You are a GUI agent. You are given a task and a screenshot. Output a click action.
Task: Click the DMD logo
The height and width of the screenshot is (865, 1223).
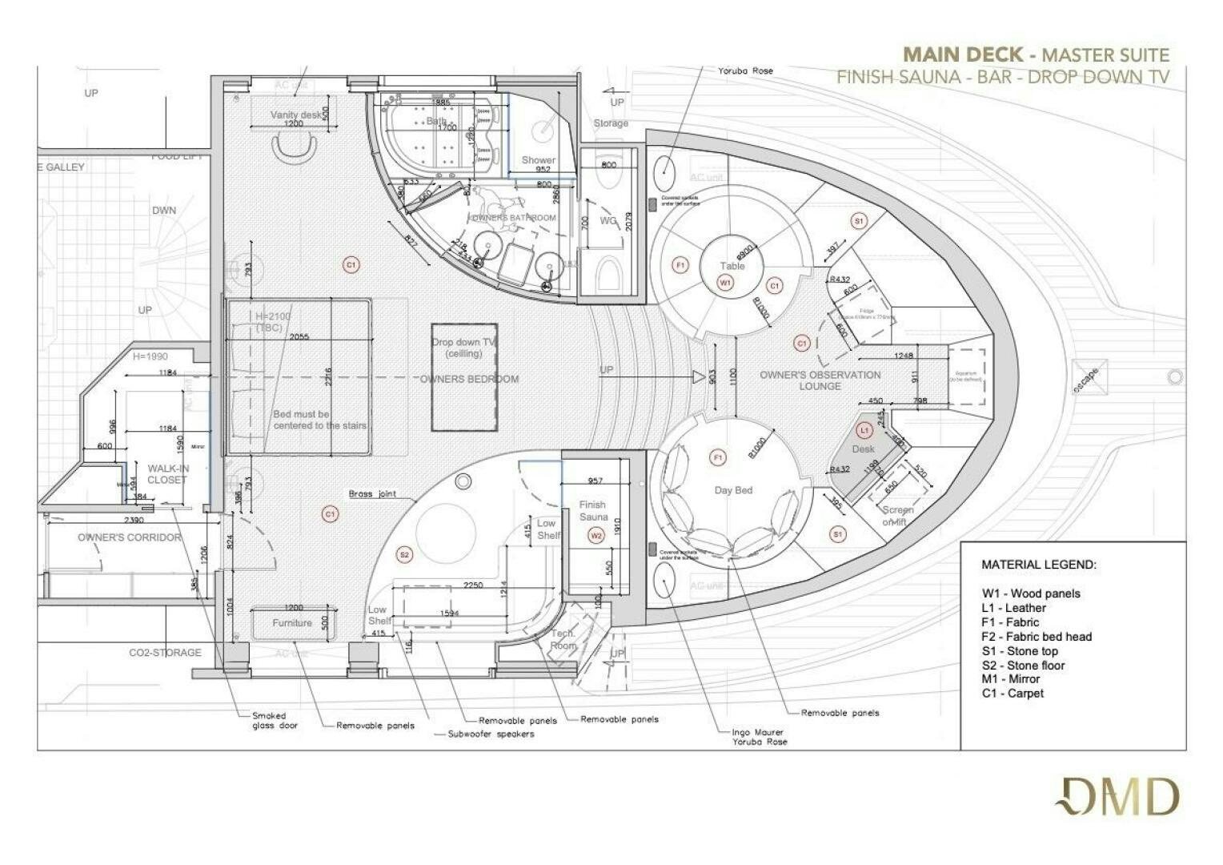pyautogui.click(x=1117, y=798)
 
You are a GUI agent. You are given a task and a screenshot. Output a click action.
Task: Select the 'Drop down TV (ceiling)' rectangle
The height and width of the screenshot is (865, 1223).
pyautogui.click(x=464, y=376)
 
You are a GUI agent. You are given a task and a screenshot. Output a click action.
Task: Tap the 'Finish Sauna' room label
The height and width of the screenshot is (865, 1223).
pyautogui.click(x=593, y=510)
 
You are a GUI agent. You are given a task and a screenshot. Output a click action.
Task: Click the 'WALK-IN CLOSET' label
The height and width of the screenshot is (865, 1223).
pyautogui.click(x=166, y=474)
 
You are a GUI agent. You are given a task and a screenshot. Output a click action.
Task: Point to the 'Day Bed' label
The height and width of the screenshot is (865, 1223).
pyautogui.click(x=733, y=490)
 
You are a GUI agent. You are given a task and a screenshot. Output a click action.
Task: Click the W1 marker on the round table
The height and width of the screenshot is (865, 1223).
pyautogui.click(x=725, y=283)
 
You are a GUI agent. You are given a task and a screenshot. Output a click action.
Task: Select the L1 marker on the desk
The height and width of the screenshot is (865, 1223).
pyautogui.click(x=864, y=430)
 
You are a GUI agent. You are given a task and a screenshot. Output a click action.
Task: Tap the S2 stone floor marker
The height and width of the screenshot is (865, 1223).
pyautogui.click(x=404, y=554)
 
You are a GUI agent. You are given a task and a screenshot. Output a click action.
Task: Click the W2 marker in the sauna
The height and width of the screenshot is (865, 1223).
pyautogui.click(x=595, y=535)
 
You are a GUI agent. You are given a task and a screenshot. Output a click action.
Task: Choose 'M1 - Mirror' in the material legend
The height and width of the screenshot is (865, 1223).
pyautogui.click(x=1011, y=679)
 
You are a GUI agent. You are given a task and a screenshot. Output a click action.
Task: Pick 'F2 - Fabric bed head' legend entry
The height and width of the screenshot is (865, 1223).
pyautogui.click(x=1037, y=637)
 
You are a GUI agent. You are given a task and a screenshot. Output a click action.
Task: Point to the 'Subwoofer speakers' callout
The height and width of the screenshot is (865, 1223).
pyautogui.click(x=491, y=734)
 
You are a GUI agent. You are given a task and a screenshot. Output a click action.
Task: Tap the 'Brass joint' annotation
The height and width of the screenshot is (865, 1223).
pyautogui.click(x=372, y=494)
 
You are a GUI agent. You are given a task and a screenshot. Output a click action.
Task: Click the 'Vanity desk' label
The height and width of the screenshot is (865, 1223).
pyautogui.click(x=296, y=115)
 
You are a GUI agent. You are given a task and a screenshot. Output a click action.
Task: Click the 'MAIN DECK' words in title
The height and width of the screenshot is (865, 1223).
pyautogui.click(x=963, y=54)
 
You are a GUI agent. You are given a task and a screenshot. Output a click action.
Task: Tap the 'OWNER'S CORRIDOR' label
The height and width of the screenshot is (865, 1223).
pyautogui.click(x=130, y=537)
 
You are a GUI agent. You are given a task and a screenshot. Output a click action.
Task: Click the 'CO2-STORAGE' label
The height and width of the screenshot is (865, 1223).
pyautogui.click(x=165, y=653)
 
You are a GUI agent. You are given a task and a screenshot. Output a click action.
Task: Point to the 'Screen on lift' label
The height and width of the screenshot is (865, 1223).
pyautogui.click(x=897, y=516)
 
